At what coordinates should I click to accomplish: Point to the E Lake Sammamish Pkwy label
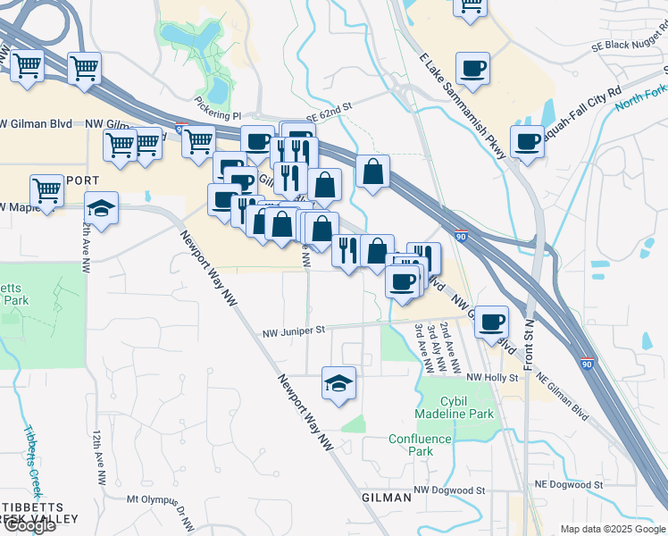click(x=463, y=106)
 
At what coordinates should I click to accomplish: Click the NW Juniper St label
click(x=296, y=333)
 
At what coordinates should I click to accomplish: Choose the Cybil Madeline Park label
click(x=455, y=408)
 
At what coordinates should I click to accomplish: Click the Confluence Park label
click(x=410, y=445)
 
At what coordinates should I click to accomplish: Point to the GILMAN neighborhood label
click(x=386, y=497)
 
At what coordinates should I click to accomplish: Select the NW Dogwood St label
click(x=448, y=490)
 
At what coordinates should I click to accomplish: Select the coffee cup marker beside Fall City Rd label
click(x=528, y=141)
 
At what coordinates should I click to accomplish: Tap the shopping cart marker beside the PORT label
click(x=46, y=190)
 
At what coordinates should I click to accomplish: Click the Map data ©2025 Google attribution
click(x=612, y=529)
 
